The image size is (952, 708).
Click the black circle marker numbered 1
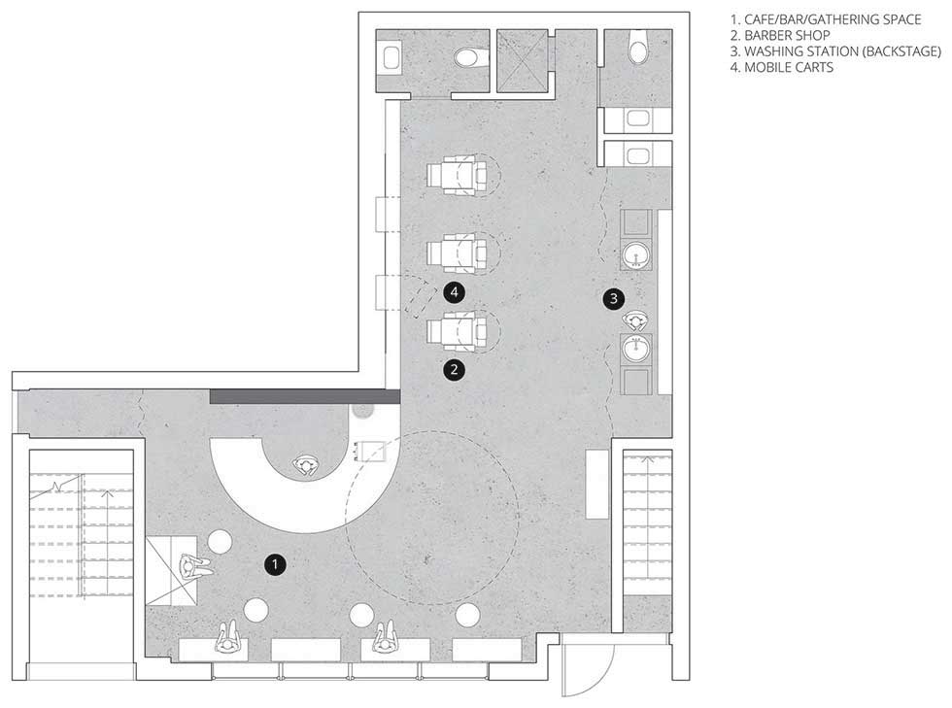tap(275, 564)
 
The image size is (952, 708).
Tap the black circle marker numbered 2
tap(455, 369)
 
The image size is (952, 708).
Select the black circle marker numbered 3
tap(614, 298)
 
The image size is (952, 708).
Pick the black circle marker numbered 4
tap(455, 292)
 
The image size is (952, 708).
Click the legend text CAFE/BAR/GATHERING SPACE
tap(833, 19)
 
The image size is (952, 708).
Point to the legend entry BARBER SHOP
tap(787, 35)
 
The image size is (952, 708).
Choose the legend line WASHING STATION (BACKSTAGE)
tap(843, 51)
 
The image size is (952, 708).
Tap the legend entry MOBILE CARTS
tap(789, 67)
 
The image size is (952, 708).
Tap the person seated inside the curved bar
tap(306, 466)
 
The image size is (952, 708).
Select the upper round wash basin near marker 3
tap(636, 255)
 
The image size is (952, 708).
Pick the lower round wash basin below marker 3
tap(636, 349)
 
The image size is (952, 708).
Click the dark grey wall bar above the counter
tap(305, 396)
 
